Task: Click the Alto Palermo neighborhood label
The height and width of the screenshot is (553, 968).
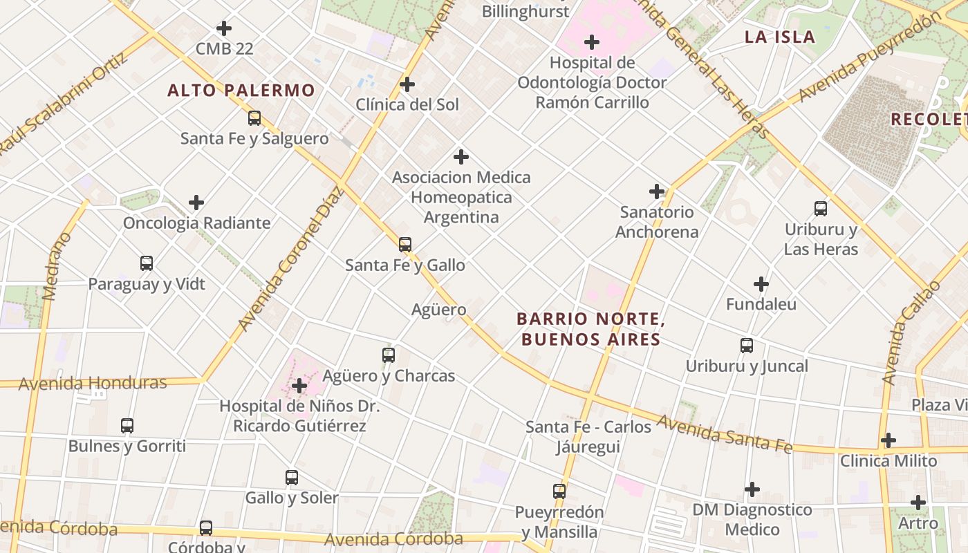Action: [241, 91]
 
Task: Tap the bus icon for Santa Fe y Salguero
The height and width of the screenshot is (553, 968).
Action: [254, 118]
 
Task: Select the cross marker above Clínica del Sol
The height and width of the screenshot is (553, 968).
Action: [407, 84]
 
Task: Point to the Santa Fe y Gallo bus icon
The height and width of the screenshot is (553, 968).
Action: [405, 244]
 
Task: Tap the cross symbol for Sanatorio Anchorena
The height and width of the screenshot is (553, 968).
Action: [657, 191]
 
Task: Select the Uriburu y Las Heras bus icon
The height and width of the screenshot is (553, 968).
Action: [821, 208]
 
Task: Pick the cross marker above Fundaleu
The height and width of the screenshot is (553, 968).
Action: [761, 284]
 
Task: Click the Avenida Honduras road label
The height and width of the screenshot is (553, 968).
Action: [93, 384]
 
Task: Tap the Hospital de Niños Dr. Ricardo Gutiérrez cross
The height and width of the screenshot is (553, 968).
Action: [299, 386]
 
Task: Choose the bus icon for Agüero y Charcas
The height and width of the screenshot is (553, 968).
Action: [389, 355]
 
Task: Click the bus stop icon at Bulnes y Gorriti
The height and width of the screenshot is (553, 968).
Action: [127, 425]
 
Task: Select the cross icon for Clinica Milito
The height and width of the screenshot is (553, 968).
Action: [888, 440]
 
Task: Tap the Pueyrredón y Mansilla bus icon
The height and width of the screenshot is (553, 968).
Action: [559, 491]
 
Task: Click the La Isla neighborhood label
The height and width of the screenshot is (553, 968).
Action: [779, 37]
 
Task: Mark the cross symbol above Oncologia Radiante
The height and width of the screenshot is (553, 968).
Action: [196, 203]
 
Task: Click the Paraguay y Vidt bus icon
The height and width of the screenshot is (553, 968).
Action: [147, 263]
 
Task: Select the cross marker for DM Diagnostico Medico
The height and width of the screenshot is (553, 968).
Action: [752, 489]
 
